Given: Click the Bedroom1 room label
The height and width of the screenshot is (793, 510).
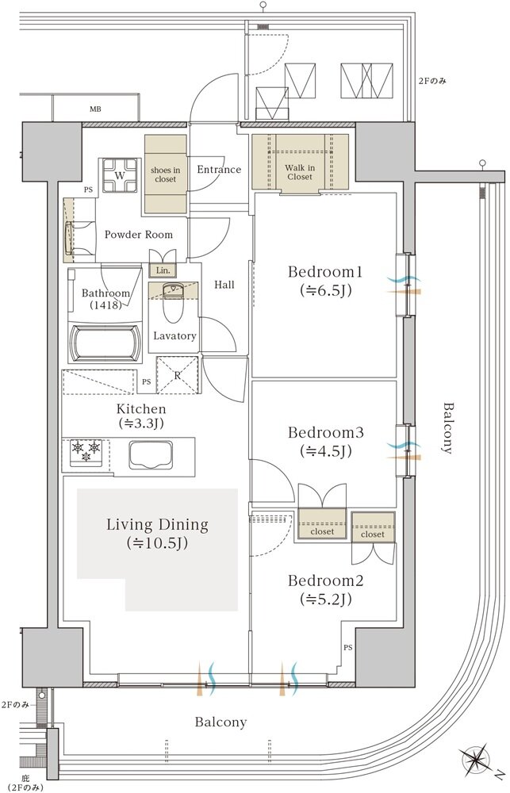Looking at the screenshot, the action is point(325,272).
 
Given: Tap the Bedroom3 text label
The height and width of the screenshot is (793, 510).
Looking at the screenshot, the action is point(325,432).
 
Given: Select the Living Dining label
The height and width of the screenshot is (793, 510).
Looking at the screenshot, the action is point(157,524).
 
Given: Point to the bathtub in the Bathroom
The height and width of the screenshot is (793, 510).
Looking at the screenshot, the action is point(105,343).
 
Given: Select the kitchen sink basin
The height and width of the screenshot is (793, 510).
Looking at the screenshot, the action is point(151,454).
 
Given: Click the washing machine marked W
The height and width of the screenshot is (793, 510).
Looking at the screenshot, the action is point(120,175).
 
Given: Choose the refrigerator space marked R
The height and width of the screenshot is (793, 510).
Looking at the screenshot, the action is point(177,375).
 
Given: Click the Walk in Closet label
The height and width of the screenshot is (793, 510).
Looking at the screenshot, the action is point(300,172).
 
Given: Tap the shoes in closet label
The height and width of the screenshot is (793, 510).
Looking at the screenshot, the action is point(166,174).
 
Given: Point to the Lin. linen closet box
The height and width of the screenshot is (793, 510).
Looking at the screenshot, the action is point(163,270).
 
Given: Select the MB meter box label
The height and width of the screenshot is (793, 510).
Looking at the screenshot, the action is point(95,109).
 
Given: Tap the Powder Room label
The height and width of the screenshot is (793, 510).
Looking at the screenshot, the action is point(138,235).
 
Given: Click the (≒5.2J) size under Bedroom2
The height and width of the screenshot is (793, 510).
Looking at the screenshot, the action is point(325,600).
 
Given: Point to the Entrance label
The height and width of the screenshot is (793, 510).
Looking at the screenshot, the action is point(219,170).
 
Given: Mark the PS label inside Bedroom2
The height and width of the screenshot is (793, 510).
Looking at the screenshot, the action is point(348,647).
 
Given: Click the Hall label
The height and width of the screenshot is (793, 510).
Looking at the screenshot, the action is point(224,285).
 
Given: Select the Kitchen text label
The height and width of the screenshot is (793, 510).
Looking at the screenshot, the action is point(141,408).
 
